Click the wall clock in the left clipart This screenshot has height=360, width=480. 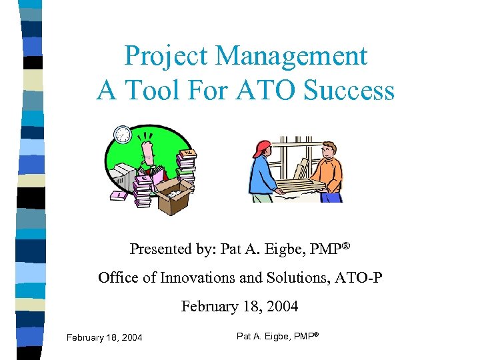122,134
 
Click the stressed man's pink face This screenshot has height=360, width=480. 147,147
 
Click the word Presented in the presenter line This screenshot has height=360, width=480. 159,249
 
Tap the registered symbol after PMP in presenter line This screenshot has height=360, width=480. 346,245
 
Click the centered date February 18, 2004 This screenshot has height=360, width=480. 239,307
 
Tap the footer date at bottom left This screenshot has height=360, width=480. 104,338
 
